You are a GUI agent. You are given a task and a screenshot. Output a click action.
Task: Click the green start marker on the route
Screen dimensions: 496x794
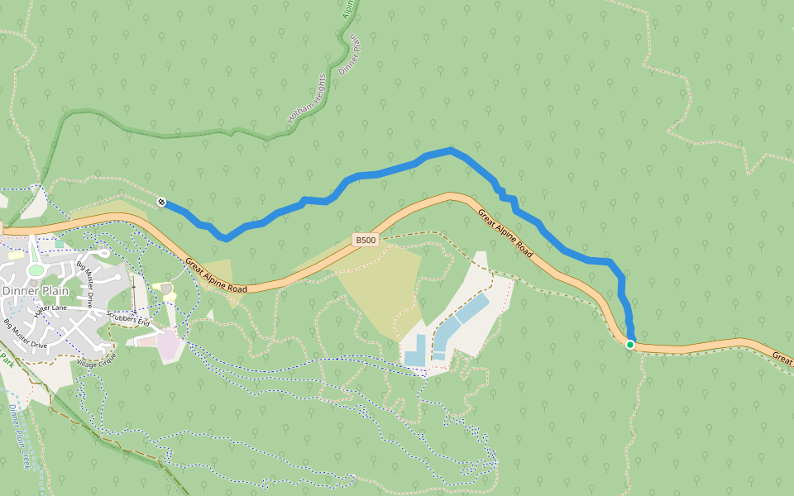[x=630, y=344]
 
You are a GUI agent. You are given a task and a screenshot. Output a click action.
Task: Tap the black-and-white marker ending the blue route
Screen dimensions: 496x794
[x=161, y=203]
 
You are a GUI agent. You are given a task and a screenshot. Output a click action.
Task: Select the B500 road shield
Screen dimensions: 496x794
[x=366, y=241]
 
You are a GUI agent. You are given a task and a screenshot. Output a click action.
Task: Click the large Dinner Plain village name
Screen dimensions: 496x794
[x=36, y=291]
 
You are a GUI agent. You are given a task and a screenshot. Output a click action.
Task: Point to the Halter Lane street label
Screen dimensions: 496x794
[x=49, y=309]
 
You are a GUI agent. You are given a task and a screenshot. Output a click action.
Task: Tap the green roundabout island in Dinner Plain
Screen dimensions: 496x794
[x=35, y=269]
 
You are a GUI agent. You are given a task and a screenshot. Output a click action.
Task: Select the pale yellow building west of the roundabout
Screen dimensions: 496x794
[x=16, y=256]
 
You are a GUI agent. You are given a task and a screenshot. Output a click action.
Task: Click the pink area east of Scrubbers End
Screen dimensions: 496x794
[x=169, y=344]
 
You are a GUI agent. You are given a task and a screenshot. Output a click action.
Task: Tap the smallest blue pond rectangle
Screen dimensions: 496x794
[x=438, y=356]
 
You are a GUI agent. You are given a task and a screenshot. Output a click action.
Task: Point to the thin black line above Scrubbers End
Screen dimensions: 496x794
[x=133, y=290]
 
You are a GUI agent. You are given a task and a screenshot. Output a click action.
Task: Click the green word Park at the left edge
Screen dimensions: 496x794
[x=7, y=360]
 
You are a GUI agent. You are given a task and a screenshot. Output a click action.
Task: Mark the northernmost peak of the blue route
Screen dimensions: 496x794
[x=451, y=150]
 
